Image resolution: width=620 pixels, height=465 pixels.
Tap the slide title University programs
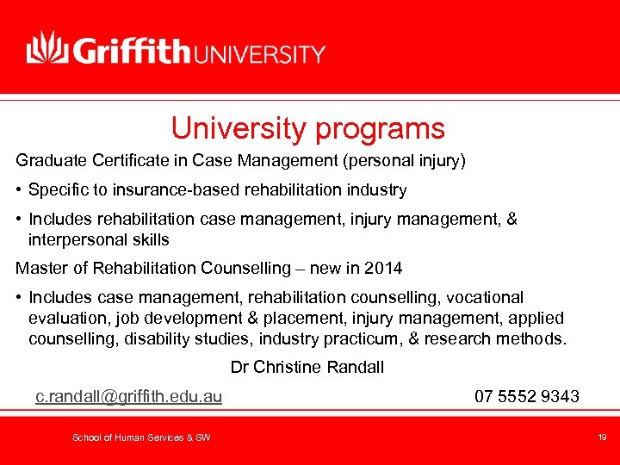[x=307, y=128]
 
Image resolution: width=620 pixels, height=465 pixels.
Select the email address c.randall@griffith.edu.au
[x=128, y=396]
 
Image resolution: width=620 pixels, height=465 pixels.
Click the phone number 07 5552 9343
[x=527, y=396]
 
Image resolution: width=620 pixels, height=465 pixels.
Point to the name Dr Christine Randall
[x=307, y=368]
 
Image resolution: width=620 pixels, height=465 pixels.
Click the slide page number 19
[x=602, y=438]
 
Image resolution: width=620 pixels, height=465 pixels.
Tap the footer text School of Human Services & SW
[x=141, y=438]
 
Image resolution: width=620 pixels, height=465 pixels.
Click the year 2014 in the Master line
[x=382, y=268]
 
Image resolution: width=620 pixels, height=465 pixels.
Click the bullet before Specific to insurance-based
[x=19, y=189]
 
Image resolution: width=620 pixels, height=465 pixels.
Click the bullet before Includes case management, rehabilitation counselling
[x=19, y=297]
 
